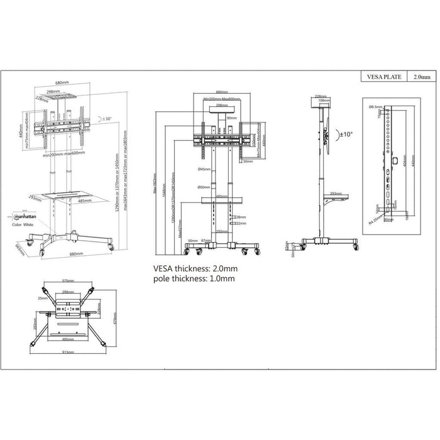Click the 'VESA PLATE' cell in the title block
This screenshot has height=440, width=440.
click(x=381, y=77)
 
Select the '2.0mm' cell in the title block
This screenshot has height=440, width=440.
click(x=422, y=77)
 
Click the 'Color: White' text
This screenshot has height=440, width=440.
click(x=25, y=223)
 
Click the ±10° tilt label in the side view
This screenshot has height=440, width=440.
click(x=346, y=134)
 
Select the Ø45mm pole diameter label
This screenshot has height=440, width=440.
click(x=204, y=169)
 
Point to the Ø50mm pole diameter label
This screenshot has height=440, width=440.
click(x=204, y=187)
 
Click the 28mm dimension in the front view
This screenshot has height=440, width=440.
click(x=240, y=217)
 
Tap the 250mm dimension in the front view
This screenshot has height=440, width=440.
click(x=223, y=231)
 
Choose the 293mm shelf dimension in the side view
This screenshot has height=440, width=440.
click(x=335, y=194)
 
